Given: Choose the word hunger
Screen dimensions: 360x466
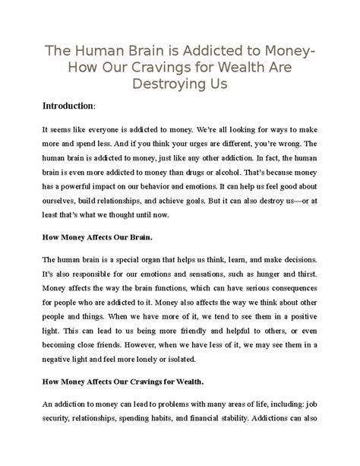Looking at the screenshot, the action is point(266,274).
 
